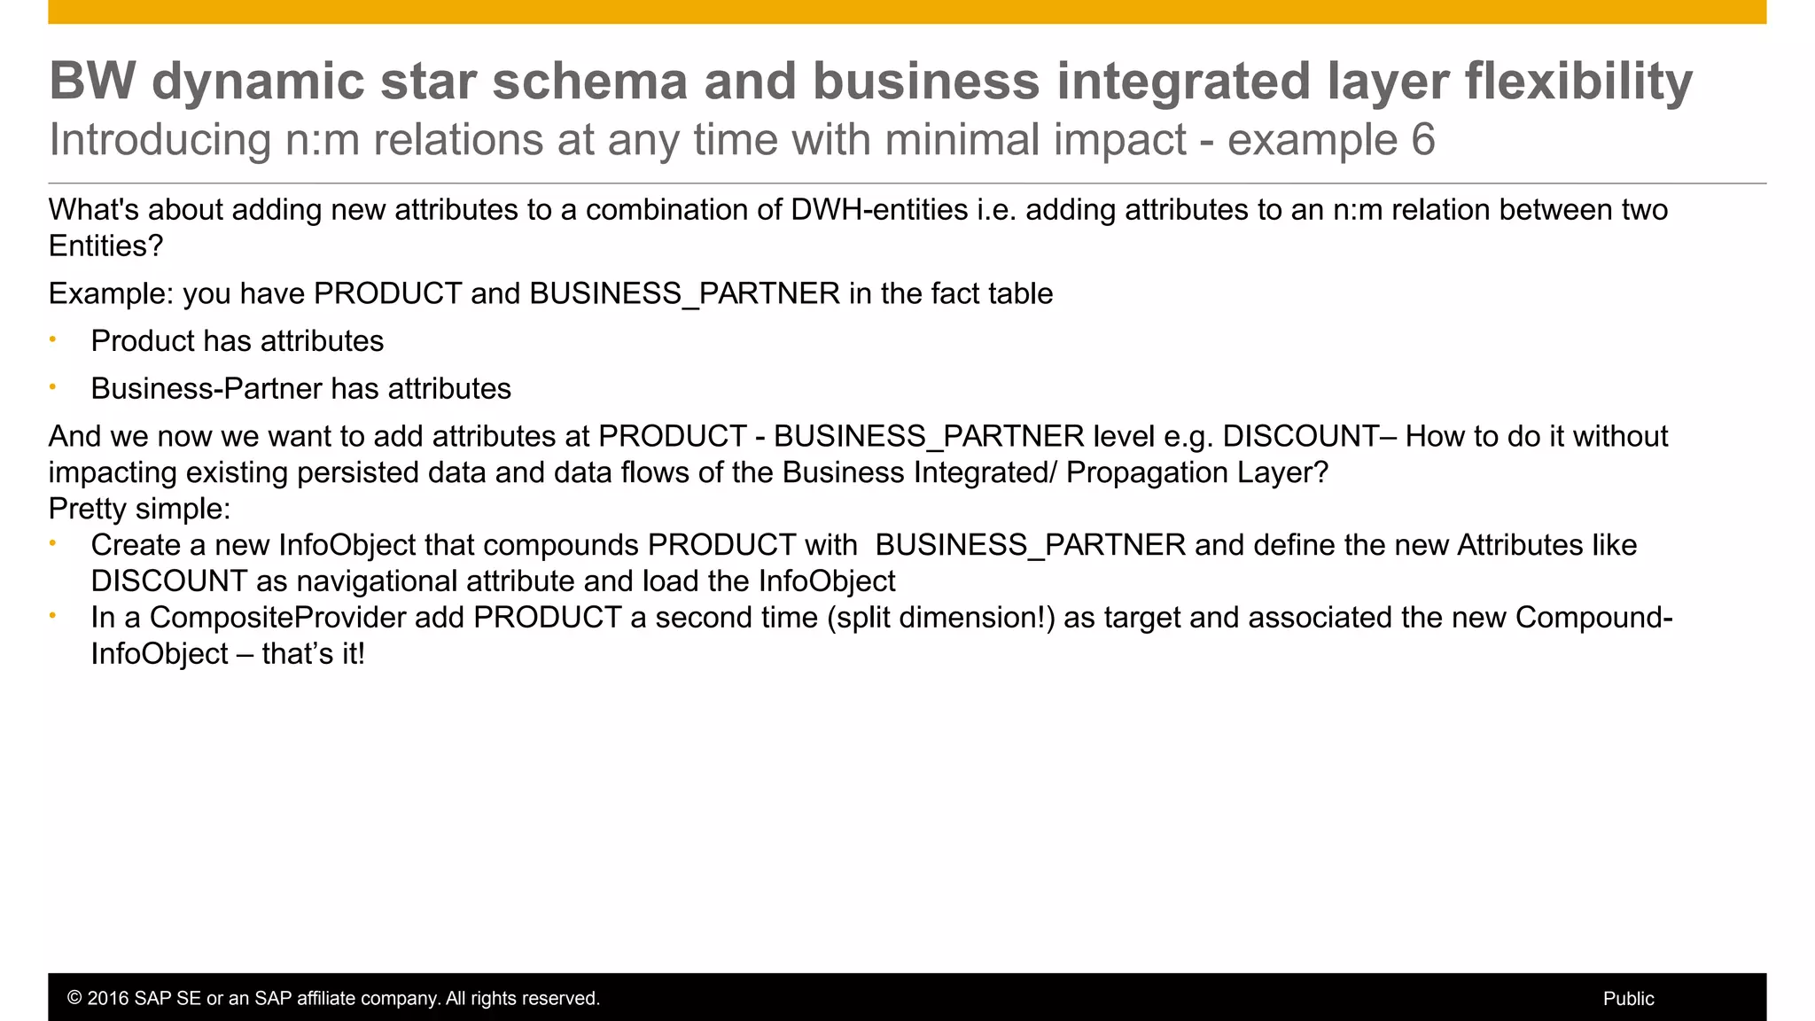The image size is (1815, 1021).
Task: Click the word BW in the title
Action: [92, 82]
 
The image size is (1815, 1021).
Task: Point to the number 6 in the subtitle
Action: [1422, 140]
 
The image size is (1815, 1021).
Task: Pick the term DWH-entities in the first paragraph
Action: [879, 210]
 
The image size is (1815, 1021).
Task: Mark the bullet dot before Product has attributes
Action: [53, 339]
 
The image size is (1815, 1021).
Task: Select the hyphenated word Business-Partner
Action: [206, 389]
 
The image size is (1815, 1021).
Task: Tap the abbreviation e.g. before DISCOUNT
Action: [1188, 436]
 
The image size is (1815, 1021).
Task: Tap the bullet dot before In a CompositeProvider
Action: [53, 615]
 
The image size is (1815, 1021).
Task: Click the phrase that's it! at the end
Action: [314, 654]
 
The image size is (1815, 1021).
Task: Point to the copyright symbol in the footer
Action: [74, 999]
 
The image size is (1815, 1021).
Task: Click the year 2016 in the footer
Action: [107, 999]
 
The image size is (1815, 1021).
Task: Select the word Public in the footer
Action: [1628, 999]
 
